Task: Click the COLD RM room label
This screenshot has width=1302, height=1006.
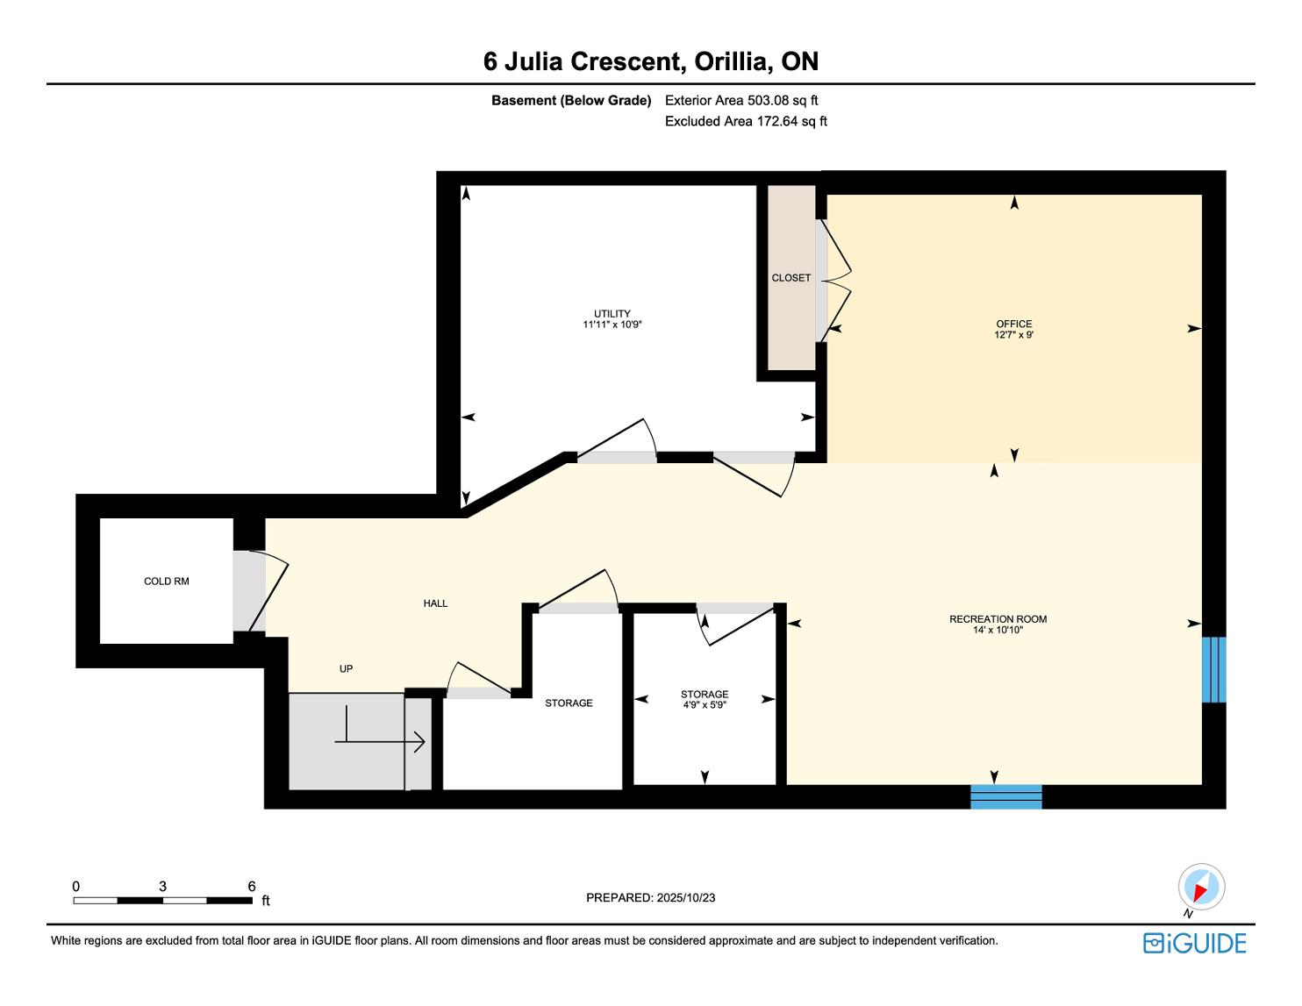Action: pos(166,581)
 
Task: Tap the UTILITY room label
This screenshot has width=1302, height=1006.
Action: pos(612,313)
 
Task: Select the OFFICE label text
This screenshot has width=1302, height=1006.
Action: pos(1014,324)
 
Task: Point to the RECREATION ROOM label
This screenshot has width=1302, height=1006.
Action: pos(998,618)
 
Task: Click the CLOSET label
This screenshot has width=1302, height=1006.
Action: pos(790,277)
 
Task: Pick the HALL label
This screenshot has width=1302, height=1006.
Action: pos(435,603)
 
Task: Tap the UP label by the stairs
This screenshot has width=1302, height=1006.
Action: pos(346,668)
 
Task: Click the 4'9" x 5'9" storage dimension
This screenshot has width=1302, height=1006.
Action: pos(705,705)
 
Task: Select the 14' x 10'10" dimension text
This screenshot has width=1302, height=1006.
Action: pos(998,630)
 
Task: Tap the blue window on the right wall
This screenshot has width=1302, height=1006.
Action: pos(1214,669)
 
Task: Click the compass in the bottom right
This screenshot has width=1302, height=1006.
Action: pos(1201,886)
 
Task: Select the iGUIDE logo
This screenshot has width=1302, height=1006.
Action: pos(1194,943)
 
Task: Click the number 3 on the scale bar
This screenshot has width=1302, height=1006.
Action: pos(162,886)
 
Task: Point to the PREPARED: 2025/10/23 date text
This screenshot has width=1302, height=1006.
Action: pos(650,897)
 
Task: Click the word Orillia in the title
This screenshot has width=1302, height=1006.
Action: pos(730,61)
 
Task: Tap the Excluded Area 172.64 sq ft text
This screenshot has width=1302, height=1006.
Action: pos(746,121)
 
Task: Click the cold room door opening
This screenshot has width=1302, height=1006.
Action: pos(248,589)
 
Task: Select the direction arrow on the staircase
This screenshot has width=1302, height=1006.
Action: pos(380,742)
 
